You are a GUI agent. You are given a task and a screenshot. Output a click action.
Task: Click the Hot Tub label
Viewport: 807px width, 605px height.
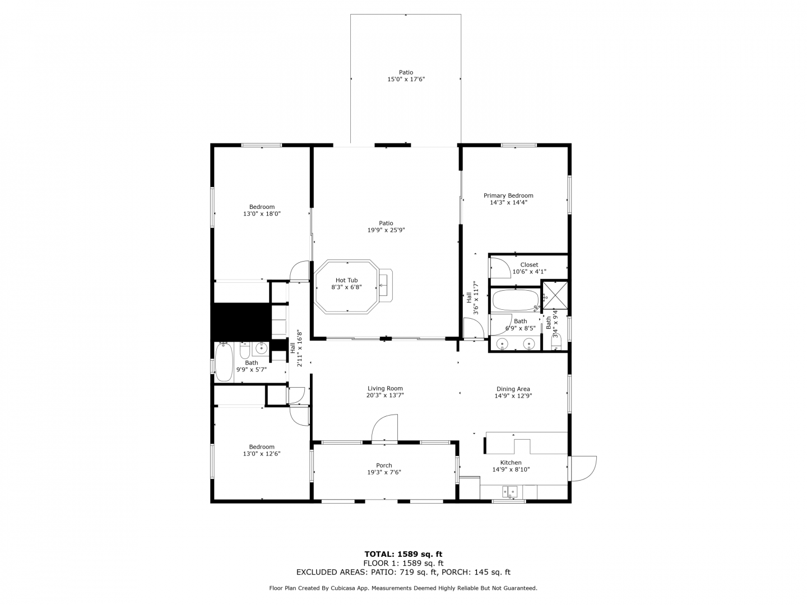[x=346, y=280]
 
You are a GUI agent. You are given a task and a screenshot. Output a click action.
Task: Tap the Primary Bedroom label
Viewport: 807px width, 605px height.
[x=508, y=196]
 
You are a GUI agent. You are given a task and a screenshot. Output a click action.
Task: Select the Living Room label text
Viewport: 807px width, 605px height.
[x=385, y=388]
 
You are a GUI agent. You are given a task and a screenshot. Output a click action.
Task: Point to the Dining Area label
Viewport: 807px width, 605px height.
[x=513, y=389]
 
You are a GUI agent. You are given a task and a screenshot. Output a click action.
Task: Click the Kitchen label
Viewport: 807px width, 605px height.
[x=511, y=463]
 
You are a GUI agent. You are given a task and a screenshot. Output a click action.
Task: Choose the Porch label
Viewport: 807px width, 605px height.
[x=384, y=466]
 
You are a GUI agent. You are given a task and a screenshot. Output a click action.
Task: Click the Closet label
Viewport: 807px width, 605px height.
[x=529, y=264]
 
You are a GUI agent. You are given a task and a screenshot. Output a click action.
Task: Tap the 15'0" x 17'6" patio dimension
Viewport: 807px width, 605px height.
[x=406, y=79]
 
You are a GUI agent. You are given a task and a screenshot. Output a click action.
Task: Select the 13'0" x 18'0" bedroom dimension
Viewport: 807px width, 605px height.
[x=262, y=213]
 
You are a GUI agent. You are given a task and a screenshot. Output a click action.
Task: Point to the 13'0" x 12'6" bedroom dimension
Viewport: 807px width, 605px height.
[x=261, y=454]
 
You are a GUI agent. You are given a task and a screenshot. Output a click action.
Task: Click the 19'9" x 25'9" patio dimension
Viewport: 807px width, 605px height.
[x=386, y=230]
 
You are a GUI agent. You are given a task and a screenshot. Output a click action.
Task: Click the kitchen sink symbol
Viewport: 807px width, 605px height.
[x=509, y=491]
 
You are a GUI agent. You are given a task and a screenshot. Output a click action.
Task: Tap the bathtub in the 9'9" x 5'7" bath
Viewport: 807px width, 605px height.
[x=224, y=362]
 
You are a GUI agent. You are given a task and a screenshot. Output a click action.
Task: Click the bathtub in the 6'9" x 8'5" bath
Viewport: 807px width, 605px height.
[x=515, y=300]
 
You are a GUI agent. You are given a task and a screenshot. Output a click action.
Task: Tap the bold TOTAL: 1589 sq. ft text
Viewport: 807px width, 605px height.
[x=403, y=554]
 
